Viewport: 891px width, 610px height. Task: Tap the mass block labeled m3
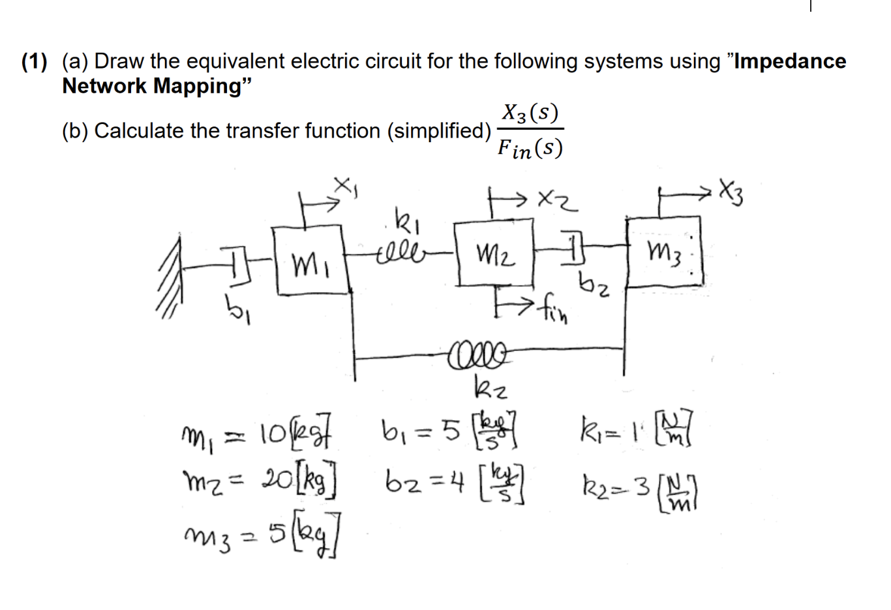point(664,251)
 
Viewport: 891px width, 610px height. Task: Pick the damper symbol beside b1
point(236,267)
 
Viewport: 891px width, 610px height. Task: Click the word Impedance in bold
point(790,61)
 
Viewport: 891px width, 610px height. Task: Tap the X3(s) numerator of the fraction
point(530,114)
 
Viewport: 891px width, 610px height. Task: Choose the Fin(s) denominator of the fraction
point(530,149)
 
